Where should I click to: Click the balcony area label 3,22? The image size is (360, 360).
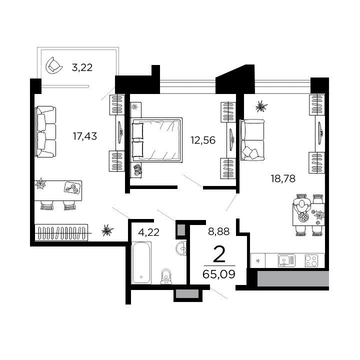click(82, 67)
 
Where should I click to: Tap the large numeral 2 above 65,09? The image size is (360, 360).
click(219, 254)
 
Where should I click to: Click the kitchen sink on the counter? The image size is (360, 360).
click(286, 260)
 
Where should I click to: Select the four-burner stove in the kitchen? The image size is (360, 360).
click(311, 260)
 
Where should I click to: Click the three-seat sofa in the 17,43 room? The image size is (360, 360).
click(45, 132)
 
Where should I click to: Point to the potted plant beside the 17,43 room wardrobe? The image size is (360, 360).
click(106, 230)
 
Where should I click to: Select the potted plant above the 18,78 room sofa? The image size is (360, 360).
click(260, 106)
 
